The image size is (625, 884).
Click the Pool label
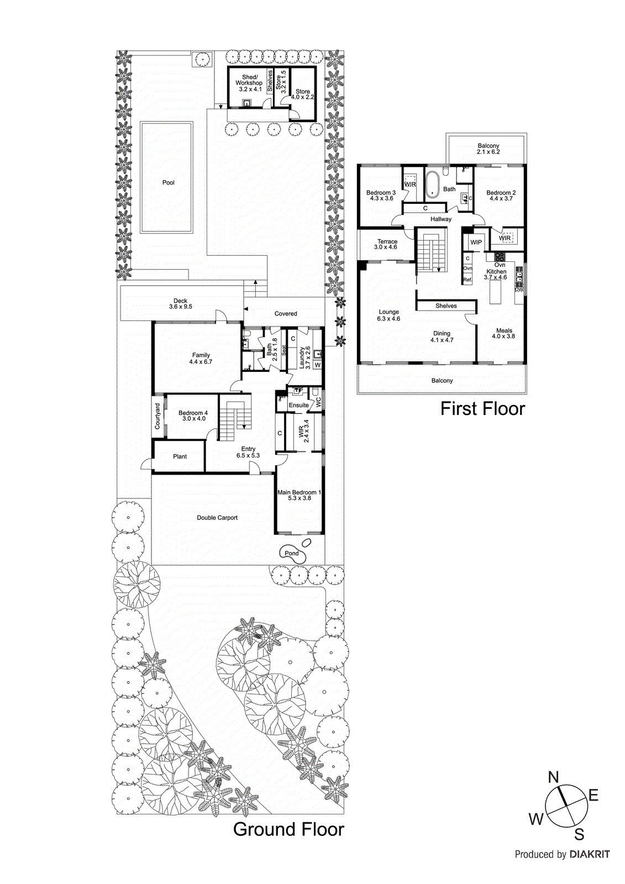pyautogui.click(x=169, y=182)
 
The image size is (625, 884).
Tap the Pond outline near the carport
pyautogui.click(x=292, y=553)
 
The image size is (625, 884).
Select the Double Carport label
pyautogui.click(x=217, y=518)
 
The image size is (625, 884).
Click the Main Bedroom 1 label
pyautogui.click(x=299, y=492)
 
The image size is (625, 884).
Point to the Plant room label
pyautogui.click(x=180, y=456)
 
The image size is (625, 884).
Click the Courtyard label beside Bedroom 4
pyautogui.click(x=157, y=416)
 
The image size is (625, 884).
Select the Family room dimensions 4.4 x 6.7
pyautogui.click(x=201, y=362)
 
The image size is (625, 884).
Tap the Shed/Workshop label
pyautogui.click(x=249, y=80)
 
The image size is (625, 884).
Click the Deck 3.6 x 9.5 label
pyautogui.click(x=181, y=304)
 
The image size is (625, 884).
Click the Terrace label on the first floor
pyautogui.click(x=387, y=241)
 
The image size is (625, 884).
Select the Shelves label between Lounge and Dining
pyautogui.click(x=446, y=306)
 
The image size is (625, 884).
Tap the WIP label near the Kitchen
pyautogui.click(x=476, y=242)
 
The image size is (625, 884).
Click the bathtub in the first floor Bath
pyautogui.click(x=432, y=185)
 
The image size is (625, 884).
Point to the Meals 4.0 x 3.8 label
pyautogui.click(x=504, y=333)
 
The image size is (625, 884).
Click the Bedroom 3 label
pyautogui.click(x=381, y=193)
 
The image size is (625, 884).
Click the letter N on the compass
pyautogui.click(x=553, y=777)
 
